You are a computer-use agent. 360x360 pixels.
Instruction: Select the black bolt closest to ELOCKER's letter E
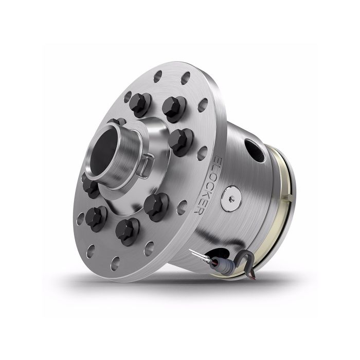(x=179, y=139)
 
